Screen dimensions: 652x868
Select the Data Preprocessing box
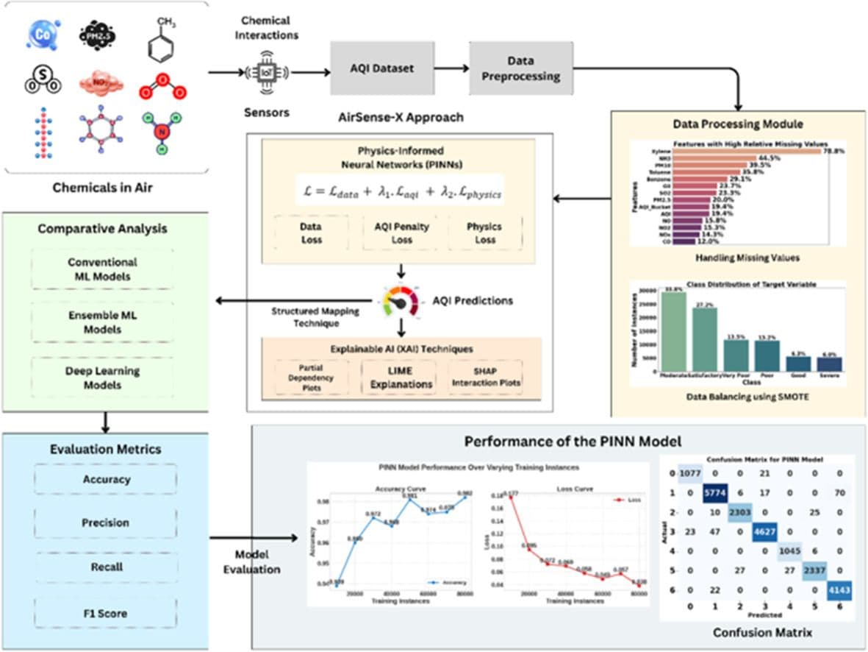[521, 68]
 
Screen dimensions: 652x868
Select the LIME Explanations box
[400, 378]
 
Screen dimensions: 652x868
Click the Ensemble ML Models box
[102, 322]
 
